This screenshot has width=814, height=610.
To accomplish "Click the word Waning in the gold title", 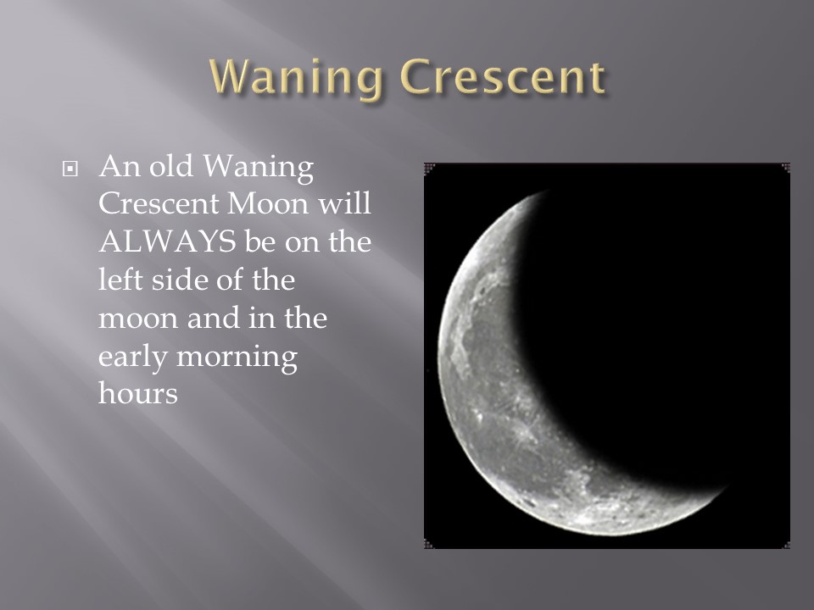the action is pos(297,78).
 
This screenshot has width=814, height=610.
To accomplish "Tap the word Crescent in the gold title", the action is pos(503,77).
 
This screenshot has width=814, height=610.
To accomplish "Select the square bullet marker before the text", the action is pos(70,169).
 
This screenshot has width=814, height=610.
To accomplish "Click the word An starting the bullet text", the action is pos(120,166).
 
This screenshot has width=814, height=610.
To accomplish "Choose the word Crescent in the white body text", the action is pos(159,204).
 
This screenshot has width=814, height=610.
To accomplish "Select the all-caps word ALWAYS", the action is pos(167,241).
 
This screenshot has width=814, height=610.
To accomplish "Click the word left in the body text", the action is pos(120,280).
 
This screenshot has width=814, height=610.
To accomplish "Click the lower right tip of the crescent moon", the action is pos(723,489).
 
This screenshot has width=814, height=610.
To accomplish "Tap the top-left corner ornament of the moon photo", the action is pos(429,168).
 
